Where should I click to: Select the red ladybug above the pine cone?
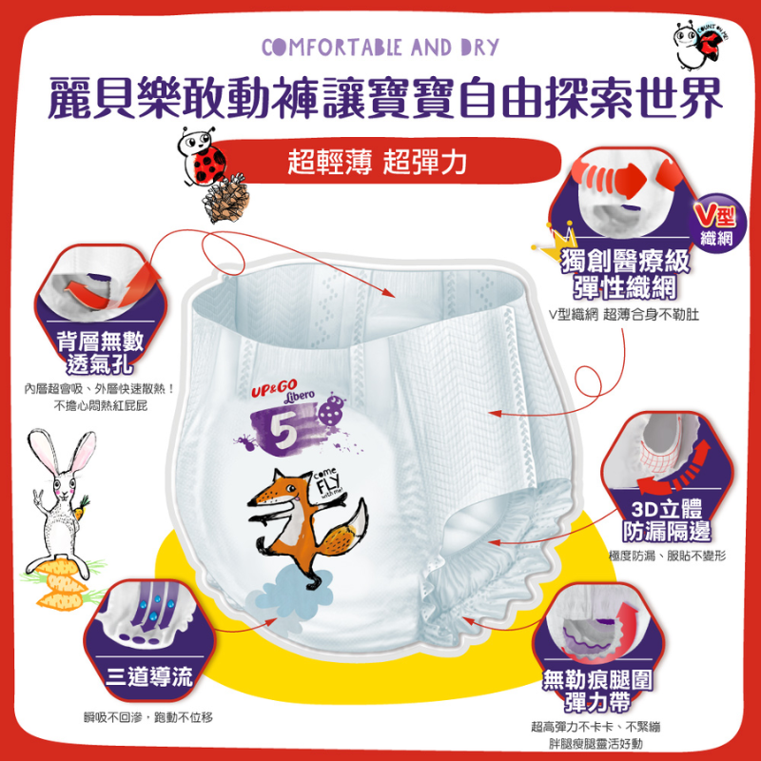pyautogui.click(x=199, y=158)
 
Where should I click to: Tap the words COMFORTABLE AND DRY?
pyautogui.click(x=380, y=47)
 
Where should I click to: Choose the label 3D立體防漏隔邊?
pyautogui.click(x=666, y=517)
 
